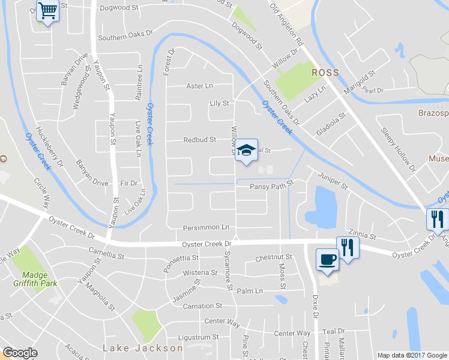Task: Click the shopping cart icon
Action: (47, 11)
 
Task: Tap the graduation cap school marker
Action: (245, 151)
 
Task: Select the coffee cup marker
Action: (327, 259)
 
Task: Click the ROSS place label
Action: (325, 73)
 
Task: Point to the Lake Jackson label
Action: (143, 348)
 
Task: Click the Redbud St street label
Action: (199, 140)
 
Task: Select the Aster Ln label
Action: (200, 86)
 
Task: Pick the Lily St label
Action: (219, 103)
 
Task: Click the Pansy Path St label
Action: (271, 187)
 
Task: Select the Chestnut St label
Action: (273, 257)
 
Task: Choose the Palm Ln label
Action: (250, 291)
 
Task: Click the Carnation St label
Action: (199, 306)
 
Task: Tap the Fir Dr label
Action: (129, 183)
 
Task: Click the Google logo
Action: (20, 353)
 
